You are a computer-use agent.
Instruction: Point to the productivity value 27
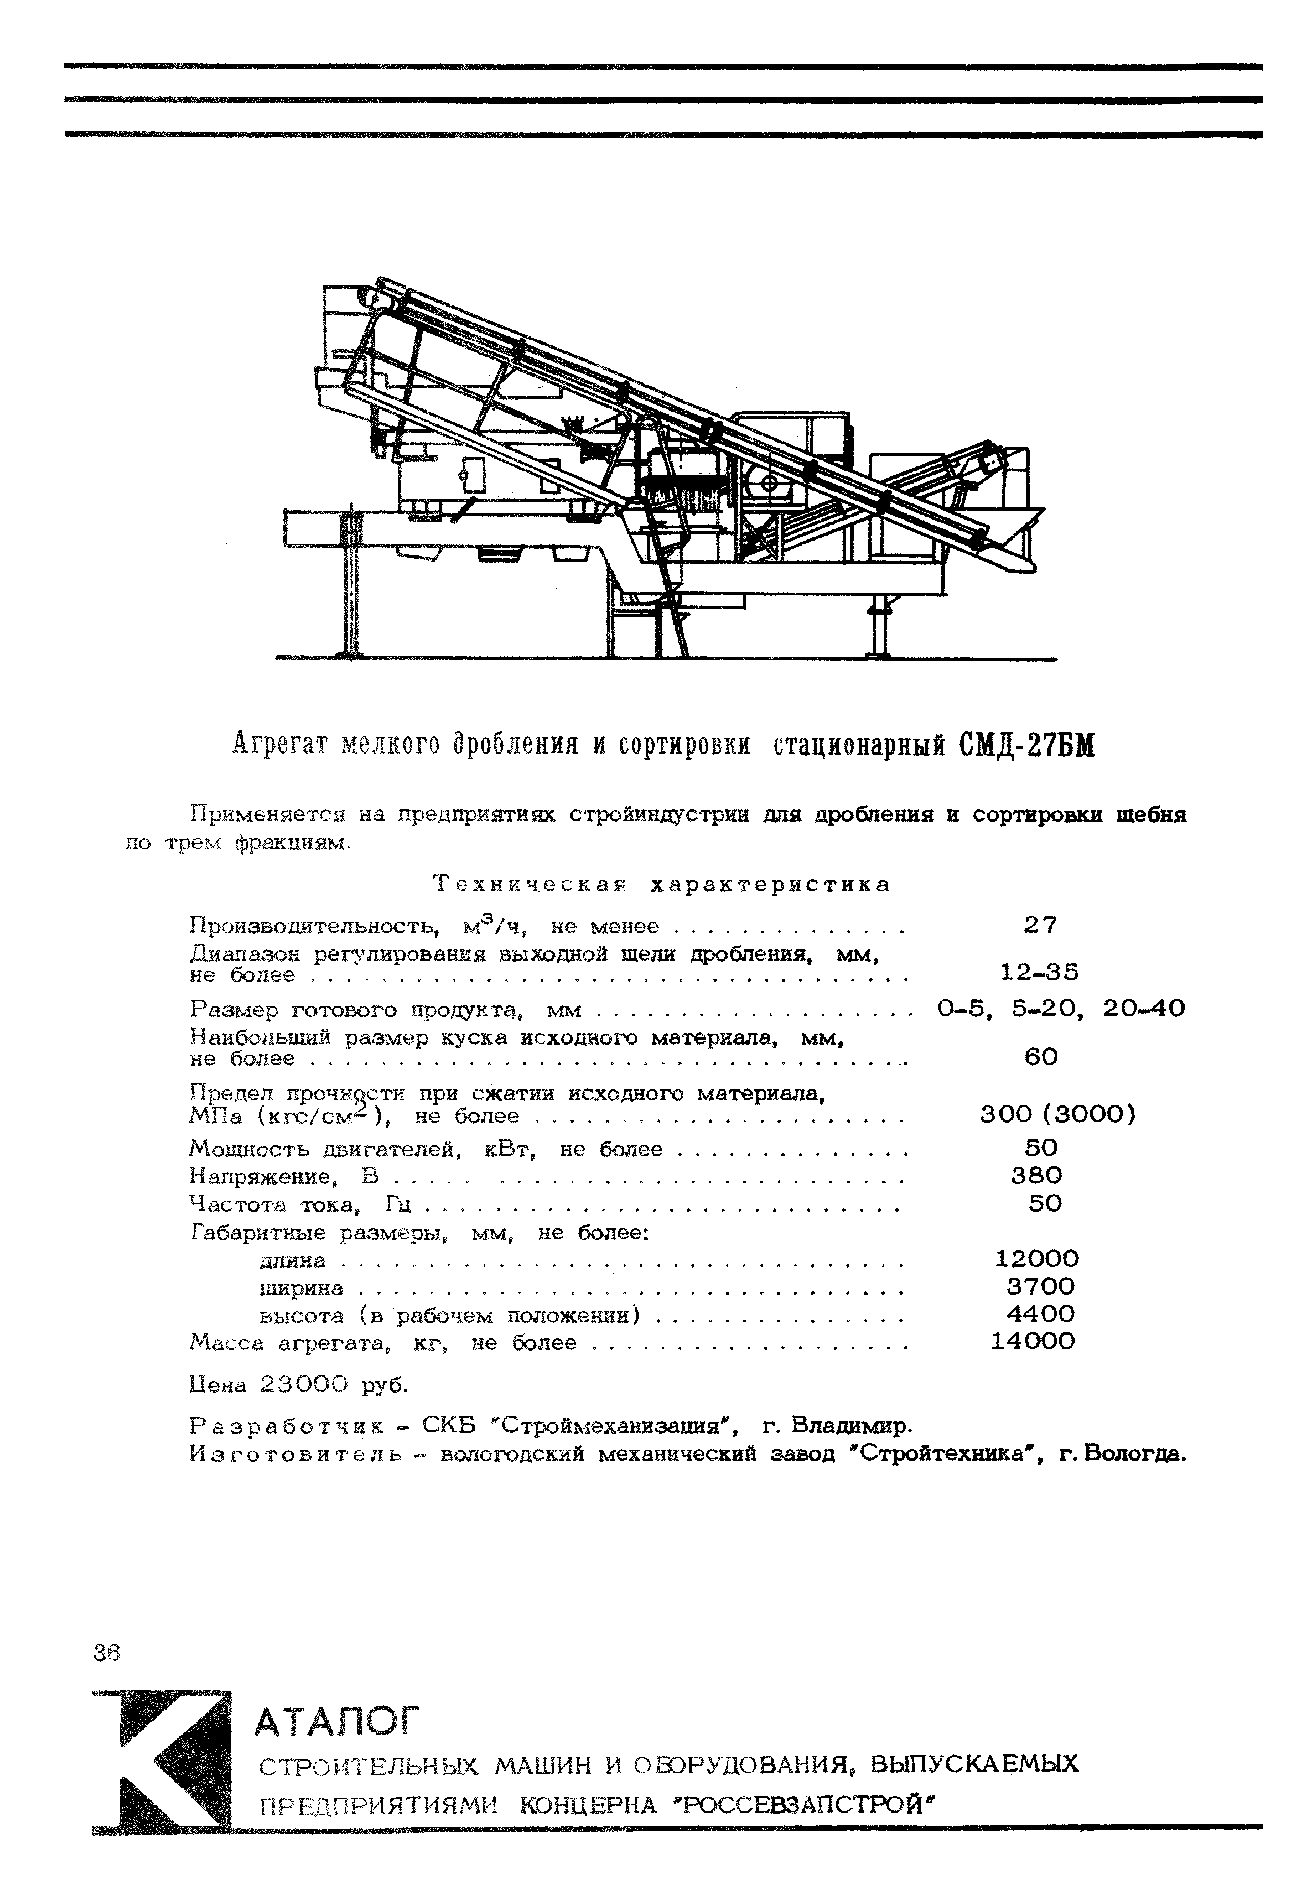1041,926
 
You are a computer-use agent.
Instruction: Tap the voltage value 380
1037,1176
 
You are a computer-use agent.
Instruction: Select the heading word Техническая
530,885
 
